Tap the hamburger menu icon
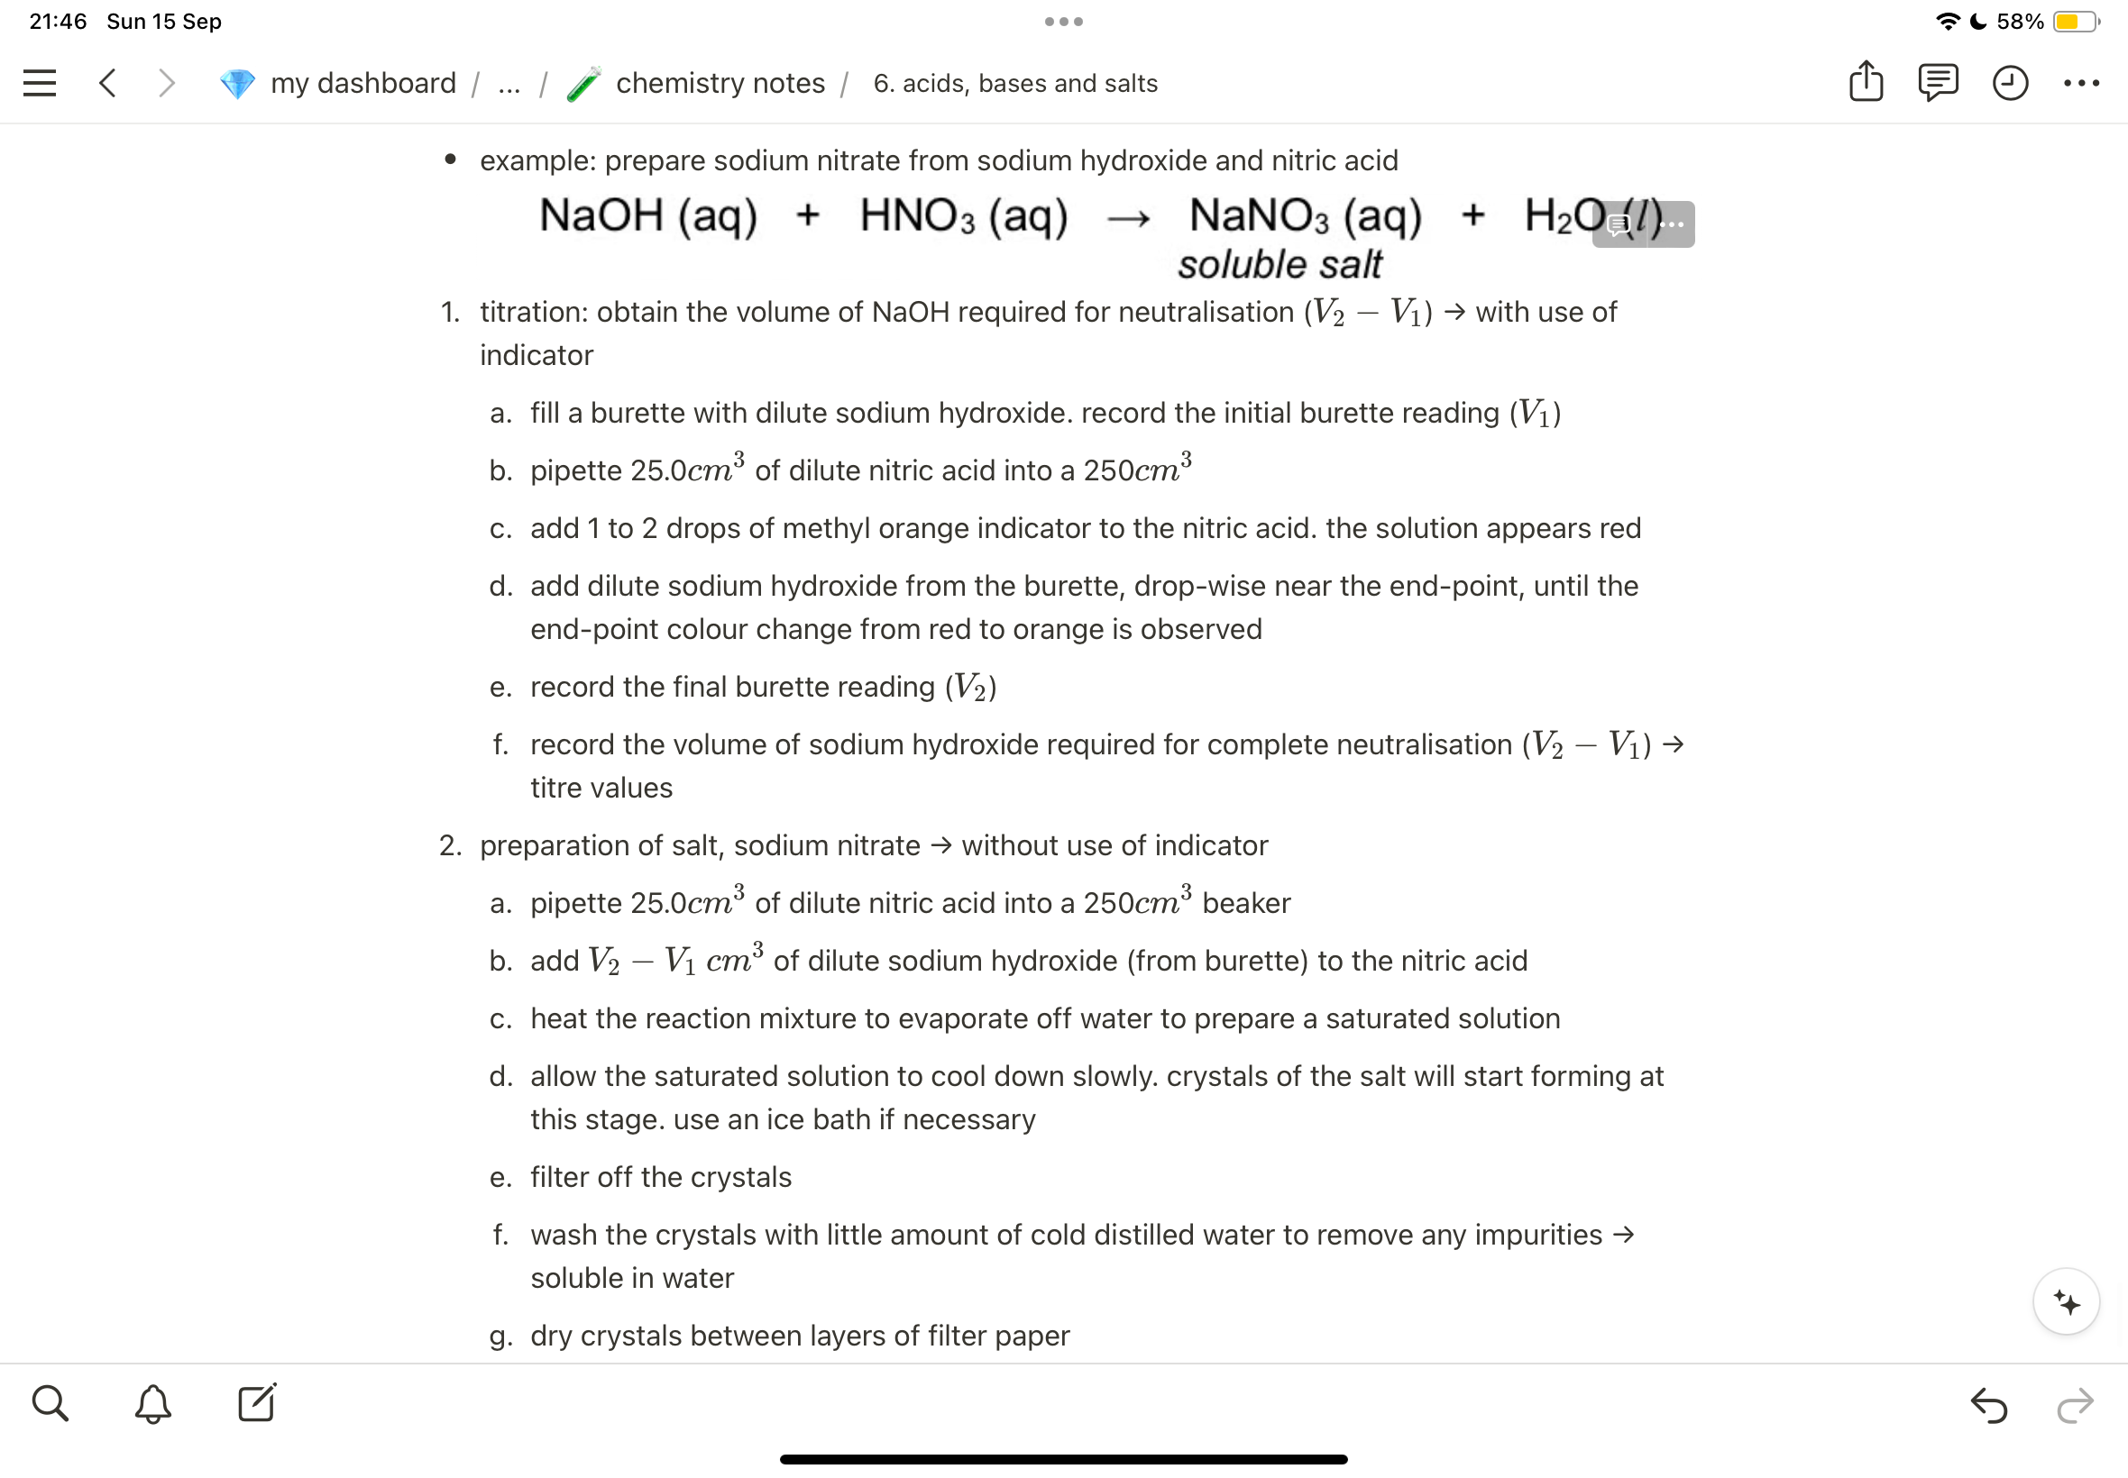(40, 83)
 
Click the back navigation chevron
(107, 83)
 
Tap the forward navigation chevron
(167, 83)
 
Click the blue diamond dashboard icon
(237, 85)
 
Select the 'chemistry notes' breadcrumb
(720, 83)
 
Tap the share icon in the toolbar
(1866, 81)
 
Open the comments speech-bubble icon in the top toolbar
(1937, 82)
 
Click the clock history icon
(2009, 83)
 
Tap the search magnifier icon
(50, 1403)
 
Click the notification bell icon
(153, 1404)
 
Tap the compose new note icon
(257, 1402)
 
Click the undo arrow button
(1988, 1405)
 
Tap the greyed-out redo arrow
(2074, 1405)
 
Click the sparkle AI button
(2066, 1302)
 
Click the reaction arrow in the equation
(1128, 220)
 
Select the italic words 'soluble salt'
(1280, 265)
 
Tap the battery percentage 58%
(2019, 22)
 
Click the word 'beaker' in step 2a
(1246, 903)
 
